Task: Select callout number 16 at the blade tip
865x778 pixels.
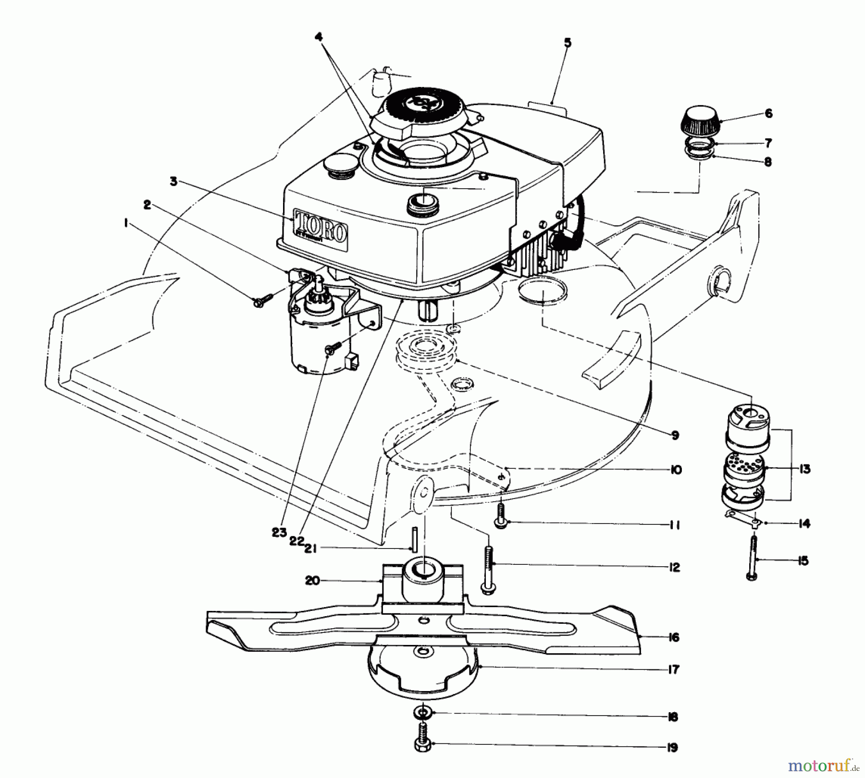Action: [674, 637]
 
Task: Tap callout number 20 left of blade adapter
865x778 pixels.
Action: [312, 581]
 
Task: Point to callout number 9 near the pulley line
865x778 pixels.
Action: [675, 436]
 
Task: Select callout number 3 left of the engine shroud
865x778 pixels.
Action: [173, 182]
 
